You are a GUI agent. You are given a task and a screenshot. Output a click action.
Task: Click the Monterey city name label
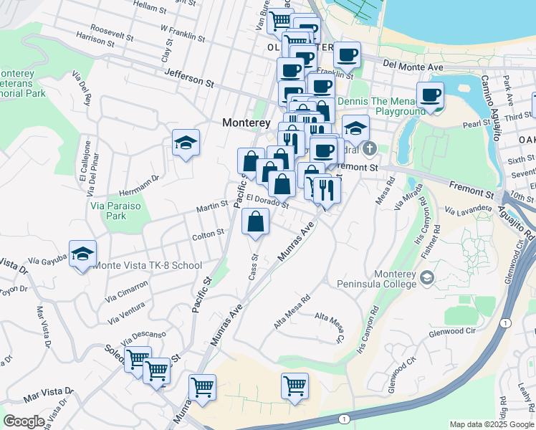pos(247,123)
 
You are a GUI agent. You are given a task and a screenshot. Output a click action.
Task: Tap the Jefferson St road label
pos(189,78)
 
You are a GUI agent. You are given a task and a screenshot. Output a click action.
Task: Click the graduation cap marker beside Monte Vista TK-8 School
pos(83,255)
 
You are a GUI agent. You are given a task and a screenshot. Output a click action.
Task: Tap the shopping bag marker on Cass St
pos(256,223)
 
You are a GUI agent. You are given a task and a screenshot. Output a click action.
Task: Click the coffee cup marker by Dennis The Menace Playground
pos(430,96)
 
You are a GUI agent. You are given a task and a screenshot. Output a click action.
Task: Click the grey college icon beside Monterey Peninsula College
pos(426,277)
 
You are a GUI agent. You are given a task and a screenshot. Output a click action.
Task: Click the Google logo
pos(24,421)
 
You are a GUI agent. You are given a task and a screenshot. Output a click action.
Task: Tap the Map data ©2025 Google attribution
pos(492,424)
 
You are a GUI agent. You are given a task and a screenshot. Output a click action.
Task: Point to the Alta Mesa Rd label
pos(292,311)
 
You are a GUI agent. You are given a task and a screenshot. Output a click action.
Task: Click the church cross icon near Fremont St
pos(369,149)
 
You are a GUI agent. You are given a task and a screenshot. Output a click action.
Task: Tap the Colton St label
pos(208,234)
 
